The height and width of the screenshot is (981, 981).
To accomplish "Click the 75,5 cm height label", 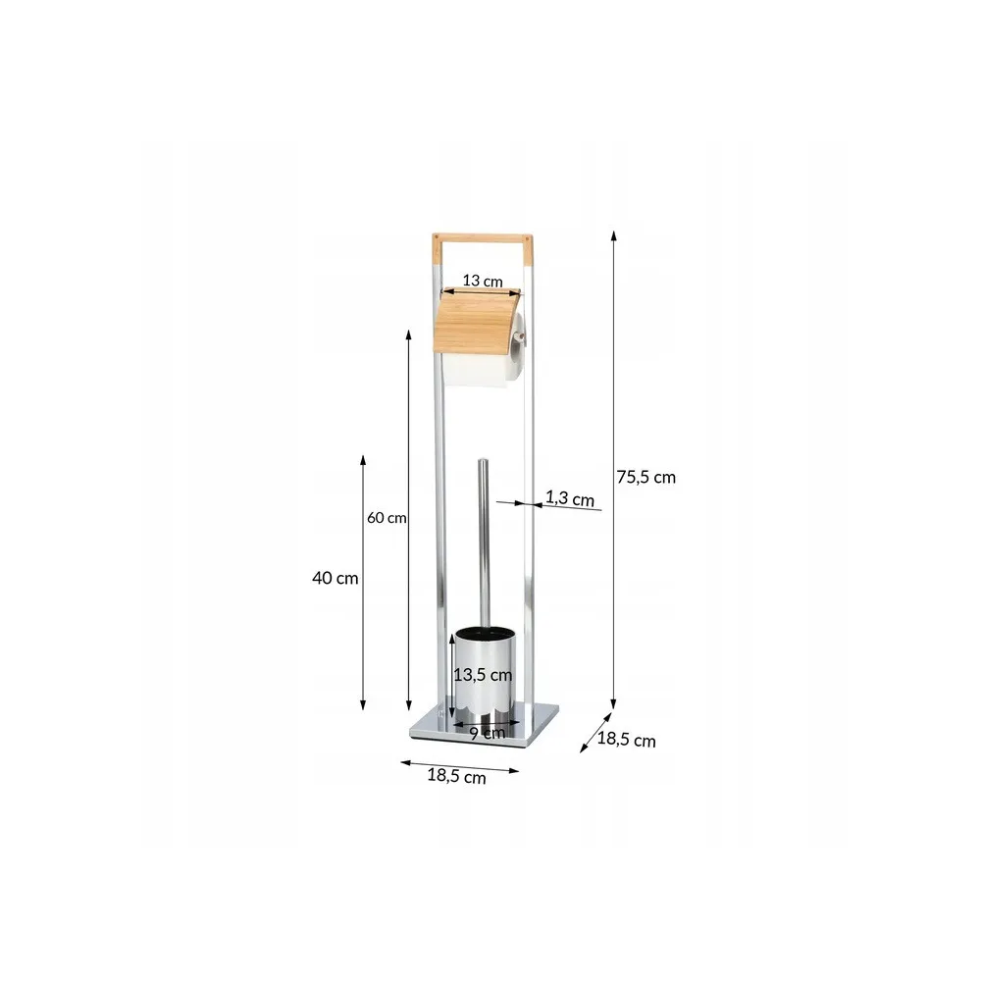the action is (646, 478).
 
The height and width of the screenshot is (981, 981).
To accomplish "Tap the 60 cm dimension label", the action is (387, 518).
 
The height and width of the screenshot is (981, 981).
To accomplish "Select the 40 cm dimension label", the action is (336, 578).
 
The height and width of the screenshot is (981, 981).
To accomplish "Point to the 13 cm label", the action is (483, 281).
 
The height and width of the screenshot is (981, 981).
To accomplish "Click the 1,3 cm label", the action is (570, 498).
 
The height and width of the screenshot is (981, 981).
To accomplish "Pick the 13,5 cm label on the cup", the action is (483, 675).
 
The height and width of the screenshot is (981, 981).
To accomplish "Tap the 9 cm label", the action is (488, 733).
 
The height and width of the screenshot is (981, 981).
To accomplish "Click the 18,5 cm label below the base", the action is (457, 776).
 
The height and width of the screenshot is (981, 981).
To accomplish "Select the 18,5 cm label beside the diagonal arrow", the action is (626, 740).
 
